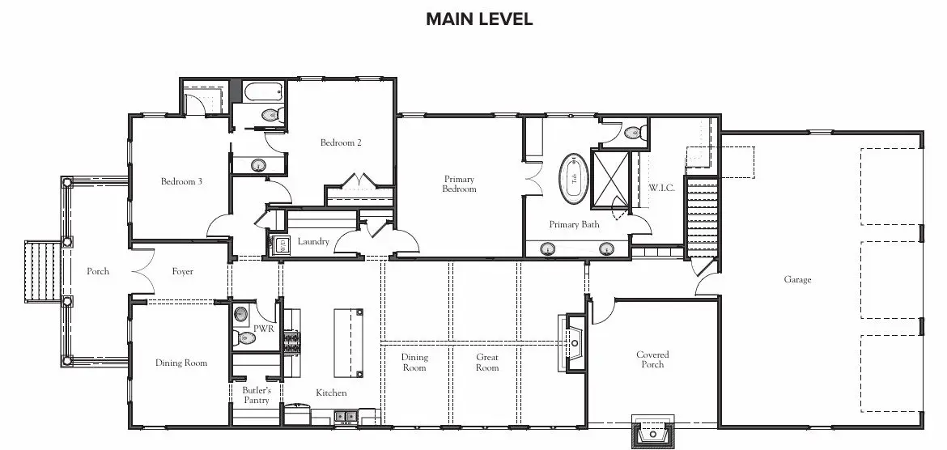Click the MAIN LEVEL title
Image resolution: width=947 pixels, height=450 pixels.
[x=479, y=19]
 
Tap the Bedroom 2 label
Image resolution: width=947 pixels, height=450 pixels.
[x=341, y=143]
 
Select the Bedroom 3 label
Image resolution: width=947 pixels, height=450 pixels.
[x=181, y=181]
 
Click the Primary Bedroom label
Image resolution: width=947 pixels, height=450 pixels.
[x=460, y=185]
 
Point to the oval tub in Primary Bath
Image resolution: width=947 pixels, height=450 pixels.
[x=575, y=178]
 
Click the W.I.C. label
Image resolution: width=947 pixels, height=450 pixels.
[x=662, y=188]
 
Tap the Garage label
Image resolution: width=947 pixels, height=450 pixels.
[x=797, y=280]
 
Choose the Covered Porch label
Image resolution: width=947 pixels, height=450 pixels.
[x=652, y=359]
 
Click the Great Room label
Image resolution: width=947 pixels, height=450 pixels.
[x=486, y=363]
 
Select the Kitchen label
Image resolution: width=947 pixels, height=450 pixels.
[x=332, y=393]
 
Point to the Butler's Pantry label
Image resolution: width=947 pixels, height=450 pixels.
[x=256, y=396]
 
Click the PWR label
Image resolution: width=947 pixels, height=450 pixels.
[x=263, y=329]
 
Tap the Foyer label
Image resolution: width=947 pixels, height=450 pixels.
[x=182, y=272]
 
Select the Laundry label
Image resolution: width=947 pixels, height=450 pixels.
[x=313, y=242]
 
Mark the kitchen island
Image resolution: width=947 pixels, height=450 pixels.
[x=349, y=342]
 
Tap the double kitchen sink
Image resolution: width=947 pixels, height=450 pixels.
[x=346, y=416]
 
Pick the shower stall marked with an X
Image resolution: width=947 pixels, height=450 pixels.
[x=610, y=180]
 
